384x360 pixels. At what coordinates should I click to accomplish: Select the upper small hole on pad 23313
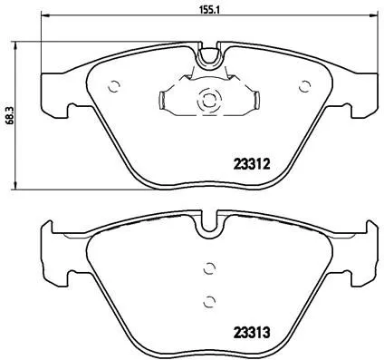point(208,268)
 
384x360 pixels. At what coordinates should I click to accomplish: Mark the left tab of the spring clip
point(163,100)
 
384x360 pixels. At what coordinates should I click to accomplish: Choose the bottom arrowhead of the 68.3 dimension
point(22,186)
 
